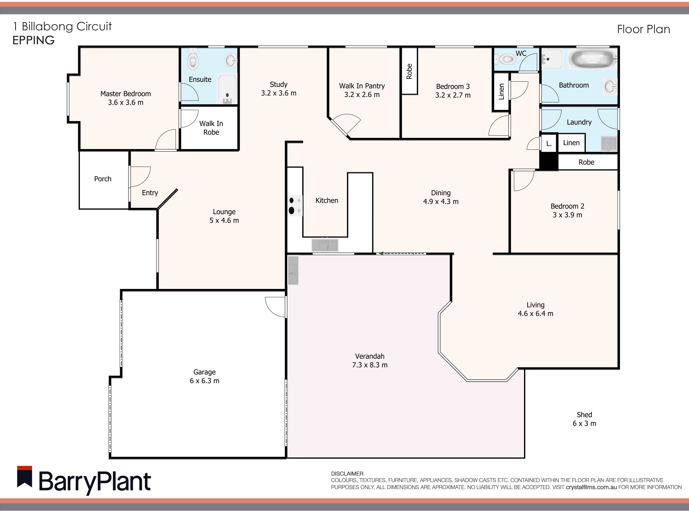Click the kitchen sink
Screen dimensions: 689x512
pos(325,245)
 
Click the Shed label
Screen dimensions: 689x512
pos(584,415)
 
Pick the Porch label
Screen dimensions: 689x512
pos(103,179)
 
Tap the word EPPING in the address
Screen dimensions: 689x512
pos(33,40)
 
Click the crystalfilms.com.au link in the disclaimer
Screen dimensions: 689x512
pos(591,487)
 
